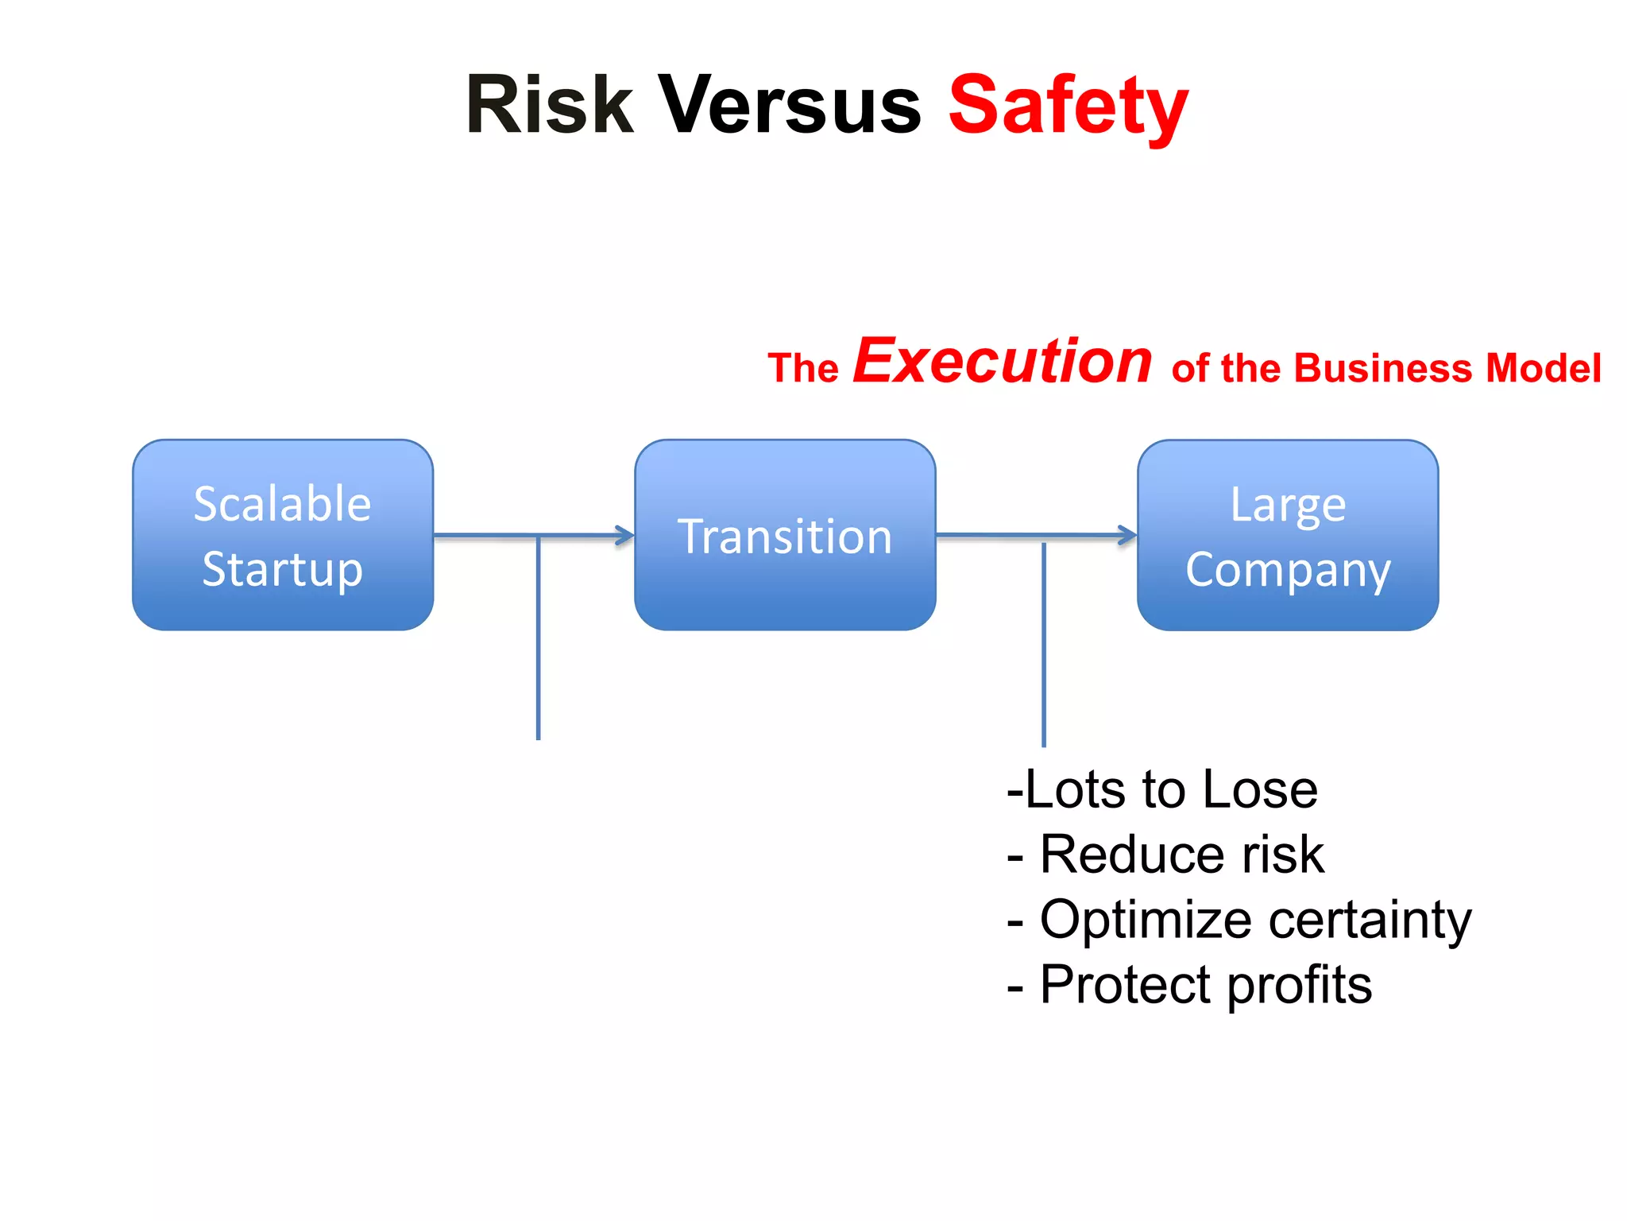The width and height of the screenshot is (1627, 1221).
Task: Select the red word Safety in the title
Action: (x=1068, y=106)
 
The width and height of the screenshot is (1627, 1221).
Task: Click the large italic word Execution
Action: (x=1003, y=362)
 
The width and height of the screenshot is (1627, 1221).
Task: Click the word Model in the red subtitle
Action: (x=1544, y=368)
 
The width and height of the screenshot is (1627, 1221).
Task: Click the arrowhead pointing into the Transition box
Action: (x=626, y=535)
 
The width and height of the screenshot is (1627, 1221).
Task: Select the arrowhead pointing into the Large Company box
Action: (x=1128, y=535)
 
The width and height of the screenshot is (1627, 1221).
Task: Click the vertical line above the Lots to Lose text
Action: (x=1043, y=644)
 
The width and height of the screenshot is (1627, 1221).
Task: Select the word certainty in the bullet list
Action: (x=1370, y=920)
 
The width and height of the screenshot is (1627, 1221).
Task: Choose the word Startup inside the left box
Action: (x=283, y=569)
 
